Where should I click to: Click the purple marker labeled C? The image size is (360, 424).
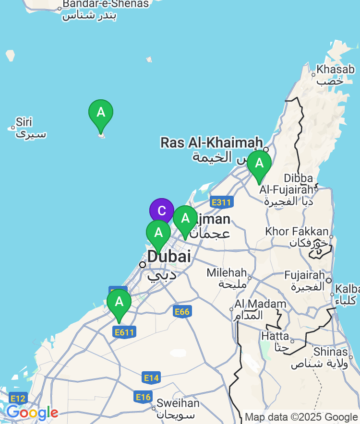pos(161,211)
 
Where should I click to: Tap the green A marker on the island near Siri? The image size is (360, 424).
pos(101,113)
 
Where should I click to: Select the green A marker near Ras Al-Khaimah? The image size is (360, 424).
pos(259,164)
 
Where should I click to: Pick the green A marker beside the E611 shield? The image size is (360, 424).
pos(119,302)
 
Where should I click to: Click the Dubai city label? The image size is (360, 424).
pos(168,257)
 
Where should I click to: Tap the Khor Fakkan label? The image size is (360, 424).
pos(297,232)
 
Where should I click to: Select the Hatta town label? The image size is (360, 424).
pos(275,336)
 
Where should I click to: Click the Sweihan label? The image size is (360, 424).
pos(178,403)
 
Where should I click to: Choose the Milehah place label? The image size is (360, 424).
pos(227,272)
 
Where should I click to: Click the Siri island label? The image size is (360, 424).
pos(24,122)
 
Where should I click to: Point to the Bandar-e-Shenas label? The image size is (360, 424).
pos(106,4)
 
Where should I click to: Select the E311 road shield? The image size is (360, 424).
pos(221,202)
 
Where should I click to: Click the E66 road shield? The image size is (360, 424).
pos(181,312)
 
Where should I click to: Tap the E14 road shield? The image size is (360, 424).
pos(151,378)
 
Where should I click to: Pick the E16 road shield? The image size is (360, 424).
pos(143,397)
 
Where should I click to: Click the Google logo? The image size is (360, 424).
pos(32,412)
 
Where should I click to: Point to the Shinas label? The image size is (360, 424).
pos(330,352)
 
